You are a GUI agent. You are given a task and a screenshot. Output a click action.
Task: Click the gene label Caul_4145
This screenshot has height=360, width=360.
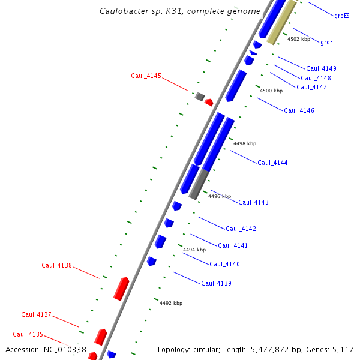146,76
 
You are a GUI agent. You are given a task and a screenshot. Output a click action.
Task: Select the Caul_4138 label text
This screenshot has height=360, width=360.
56,265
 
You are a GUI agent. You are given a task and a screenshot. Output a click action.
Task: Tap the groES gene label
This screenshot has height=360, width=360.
342,16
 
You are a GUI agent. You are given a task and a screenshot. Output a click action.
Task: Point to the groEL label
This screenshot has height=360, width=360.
328,43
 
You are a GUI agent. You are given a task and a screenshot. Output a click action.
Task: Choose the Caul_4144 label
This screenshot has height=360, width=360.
272,163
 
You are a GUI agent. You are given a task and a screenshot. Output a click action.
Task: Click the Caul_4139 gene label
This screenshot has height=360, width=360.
216,283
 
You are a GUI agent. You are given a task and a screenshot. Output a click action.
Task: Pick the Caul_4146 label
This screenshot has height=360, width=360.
299,110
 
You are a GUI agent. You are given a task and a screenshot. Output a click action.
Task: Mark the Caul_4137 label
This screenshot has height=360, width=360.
36,314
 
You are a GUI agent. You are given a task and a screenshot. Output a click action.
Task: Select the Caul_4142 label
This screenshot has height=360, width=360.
241,229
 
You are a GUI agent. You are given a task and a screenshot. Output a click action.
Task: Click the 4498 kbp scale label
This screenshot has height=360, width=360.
244,143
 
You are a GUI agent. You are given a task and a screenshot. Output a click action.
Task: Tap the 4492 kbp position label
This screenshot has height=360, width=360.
170,303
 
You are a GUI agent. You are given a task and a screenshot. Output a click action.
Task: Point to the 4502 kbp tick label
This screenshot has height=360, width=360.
298,39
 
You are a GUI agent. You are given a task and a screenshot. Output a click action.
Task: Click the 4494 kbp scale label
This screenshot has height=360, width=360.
194,250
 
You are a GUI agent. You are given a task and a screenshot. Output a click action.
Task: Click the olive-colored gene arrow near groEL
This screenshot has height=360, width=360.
281,23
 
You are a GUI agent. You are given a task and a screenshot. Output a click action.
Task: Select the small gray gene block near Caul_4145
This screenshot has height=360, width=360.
200,96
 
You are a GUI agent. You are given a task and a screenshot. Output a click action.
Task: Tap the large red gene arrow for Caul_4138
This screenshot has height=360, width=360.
122,288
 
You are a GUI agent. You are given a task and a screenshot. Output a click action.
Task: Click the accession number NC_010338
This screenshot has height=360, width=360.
65,349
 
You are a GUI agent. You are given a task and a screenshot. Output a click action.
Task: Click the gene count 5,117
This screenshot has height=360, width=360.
343,349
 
